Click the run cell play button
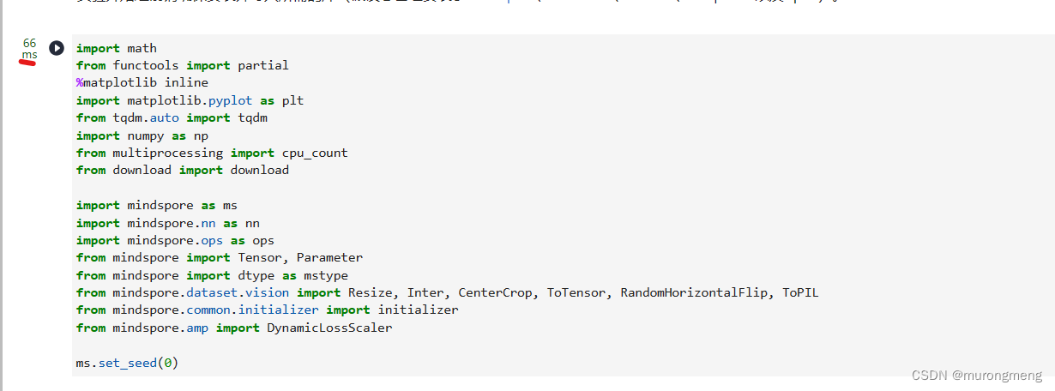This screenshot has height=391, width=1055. tap(57, 48)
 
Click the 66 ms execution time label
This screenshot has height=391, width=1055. tap(30, 49)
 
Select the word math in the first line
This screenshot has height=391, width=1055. tap(142, 48)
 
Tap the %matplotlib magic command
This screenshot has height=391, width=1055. tap(108, 82)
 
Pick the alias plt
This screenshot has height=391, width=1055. tap(292, 100)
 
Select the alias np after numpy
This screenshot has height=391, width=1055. tap(201, 135)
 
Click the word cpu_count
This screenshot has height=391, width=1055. tap(315, 153)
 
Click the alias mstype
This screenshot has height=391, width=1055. tap(326, 275)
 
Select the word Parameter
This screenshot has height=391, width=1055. tap(329, 257)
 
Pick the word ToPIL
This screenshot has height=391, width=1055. tap(800, 292)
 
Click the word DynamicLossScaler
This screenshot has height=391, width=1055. tap(329, 328)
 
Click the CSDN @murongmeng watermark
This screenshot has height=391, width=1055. tap(976, 376)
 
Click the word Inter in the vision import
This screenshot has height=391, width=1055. tap(425, 292)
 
